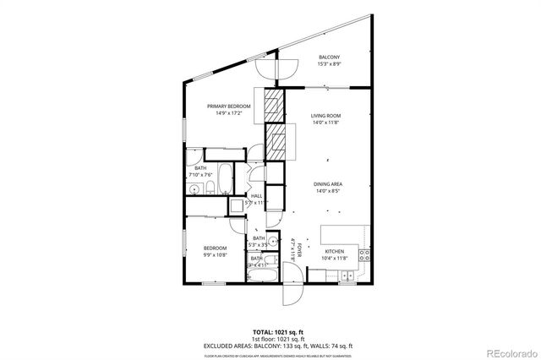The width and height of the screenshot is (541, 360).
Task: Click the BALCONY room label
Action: click(330, 57)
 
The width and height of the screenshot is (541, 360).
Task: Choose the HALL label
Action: click(255, 196)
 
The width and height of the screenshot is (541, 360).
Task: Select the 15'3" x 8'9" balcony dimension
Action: click(330, 63)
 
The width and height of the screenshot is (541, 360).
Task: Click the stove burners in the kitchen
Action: click(363, 254)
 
